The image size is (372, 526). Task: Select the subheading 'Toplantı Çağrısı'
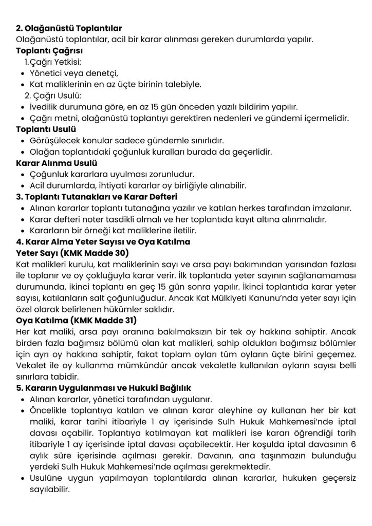pos(49,51)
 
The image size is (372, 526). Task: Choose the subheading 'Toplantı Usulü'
pos(46,129)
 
